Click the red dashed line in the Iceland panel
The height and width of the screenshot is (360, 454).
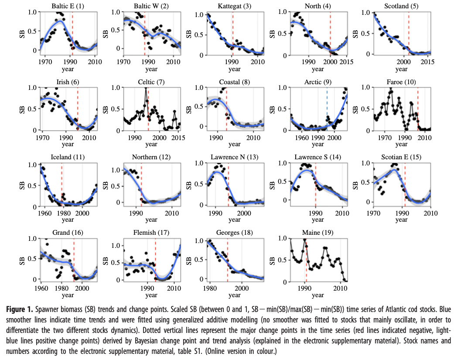pyautogui.click(x=61, y=183)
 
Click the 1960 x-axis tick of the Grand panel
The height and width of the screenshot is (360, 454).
pyautogui.click(x=41, y=289)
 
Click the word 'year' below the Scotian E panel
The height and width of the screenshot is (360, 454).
pyautogui.click(x=401, y=220)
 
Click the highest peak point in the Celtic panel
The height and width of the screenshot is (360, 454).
pyautogui.click(x=146, y=88)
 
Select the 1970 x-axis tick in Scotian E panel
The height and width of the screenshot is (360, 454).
pyautogui.click(x=373, y=213)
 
